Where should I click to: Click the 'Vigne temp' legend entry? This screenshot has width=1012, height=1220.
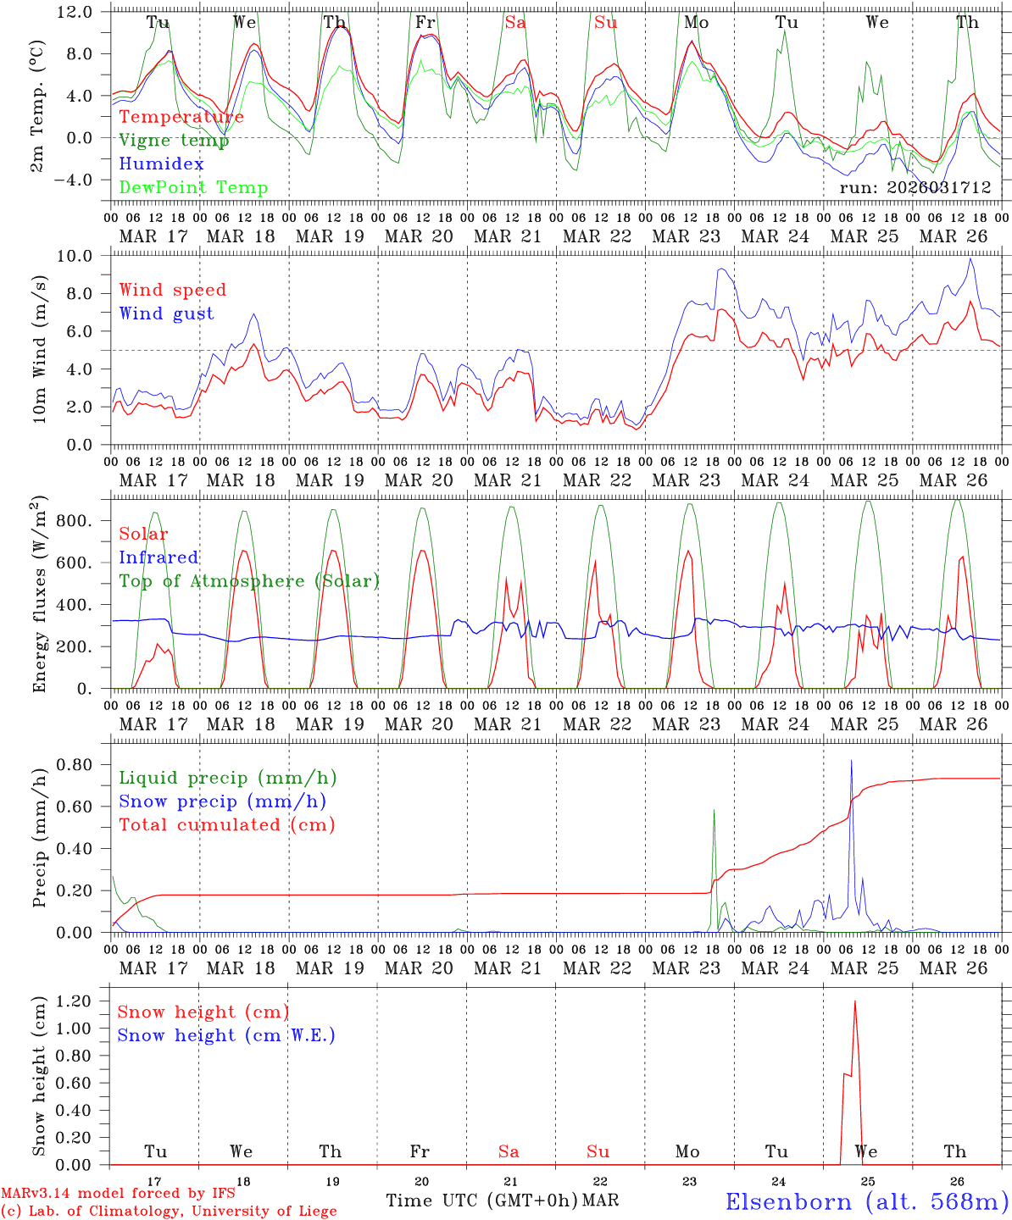(174, 141)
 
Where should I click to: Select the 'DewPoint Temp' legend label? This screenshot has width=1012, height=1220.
(193, 188)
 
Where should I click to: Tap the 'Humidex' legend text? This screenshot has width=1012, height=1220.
(162, 164)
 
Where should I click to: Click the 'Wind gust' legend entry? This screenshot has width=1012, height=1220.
(167, 313)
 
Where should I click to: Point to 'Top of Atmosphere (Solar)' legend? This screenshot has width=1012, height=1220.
(249, 581)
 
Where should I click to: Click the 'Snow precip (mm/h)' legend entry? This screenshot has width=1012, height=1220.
(223, 801)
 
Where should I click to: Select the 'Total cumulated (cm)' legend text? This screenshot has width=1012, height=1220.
(227, 825)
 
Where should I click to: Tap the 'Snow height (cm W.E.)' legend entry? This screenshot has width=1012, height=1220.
(226, 1035)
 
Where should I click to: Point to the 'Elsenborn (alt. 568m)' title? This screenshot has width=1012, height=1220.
(867, 1201)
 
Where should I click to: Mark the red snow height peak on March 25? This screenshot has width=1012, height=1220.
(854, 1001)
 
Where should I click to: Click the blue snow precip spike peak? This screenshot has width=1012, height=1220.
(851, 761)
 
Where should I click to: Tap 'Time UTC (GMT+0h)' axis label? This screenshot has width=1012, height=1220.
(481, 1201)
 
